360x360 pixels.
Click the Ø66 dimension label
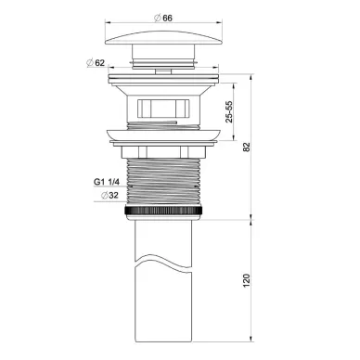click(x=163, y=19)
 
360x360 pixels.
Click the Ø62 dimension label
click(x=96, y=63)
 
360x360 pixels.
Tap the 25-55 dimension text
click(x=229, y=111)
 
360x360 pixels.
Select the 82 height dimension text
click(x=246, y=147)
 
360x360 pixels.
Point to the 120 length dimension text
click(x=246, y=280)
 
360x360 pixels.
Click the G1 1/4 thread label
click(x=107, y=182)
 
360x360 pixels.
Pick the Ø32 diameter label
click(x=109, y=196)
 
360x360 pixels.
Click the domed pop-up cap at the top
click(x=164, y=38)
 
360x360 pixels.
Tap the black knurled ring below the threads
click(x=164, y=211)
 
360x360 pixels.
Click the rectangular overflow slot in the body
click(x=163, y=108)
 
